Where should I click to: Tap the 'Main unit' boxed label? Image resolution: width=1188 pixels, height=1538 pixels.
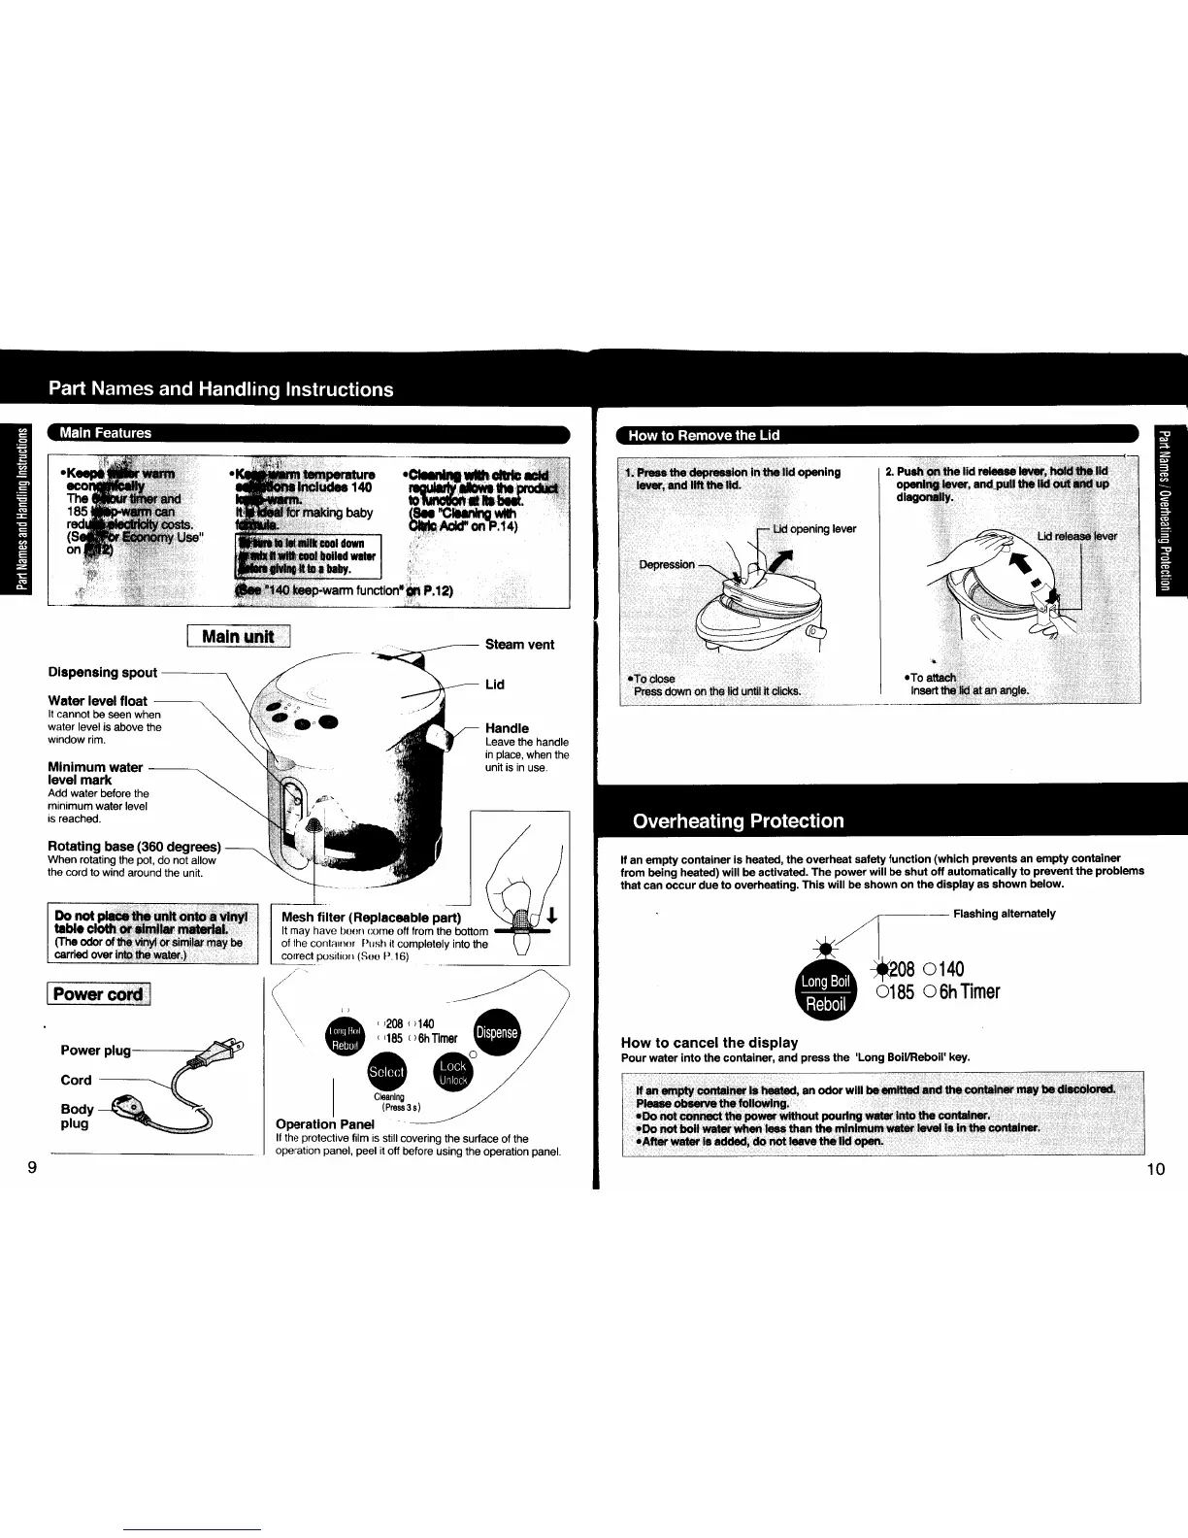point(238,637)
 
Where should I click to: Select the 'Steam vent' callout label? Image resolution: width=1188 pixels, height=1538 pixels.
point(519,645)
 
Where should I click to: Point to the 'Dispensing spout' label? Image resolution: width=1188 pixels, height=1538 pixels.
point(102,672)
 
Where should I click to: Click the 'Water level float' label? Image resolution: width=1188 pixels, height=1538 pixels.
point(97,701)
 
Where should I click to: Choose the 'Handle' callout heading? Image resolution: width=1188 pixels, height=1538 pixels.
point(507,727)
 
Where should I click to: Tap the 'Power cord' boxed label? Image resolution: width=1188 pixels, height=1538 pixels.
point(98,994)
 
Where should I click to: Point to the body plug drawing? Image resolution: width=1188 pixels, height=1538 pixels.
point(128,1103)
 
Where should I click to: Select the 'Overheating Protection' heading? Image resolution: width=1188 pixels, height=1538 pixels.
point(738,820)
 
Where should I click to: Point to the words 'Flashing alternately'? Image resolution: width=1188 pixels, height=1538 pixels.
point(1004,914)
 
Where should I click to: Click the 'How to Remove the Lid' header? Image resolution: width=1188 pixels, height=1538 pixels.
point(704,434)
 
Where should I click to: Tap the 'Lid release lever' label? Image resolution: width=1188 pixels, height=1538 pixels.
point(1076,536)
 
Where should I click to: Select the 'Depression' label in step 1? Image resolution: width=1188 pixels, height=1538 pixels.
point(666,564)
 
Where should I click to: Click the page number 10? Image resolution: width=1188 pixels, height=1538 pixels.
point(1155,1169)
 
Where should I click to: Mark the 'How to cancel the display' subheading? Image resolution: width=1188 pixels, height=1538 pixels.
point(709,1043)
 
